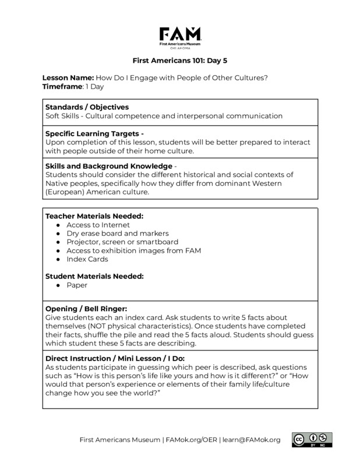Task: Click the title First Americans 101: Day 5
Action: click(180, 59)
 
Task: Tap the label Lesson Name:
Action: click(68, 78)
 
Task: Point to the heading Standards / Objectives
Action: click(87, 107)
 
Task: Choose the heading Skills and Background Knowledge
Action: click(109, 166)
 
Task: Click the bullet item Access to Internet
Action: click(98, 224)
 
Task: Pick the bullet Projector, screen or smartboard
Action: click(122, 242)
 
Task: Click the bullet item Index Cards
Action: click(87, 259)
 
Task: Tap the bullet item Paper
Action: click(77, 285)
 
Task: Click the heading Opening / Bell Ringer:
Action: click(86, 308)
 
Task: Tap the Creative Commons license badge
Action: click(312, 439)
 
